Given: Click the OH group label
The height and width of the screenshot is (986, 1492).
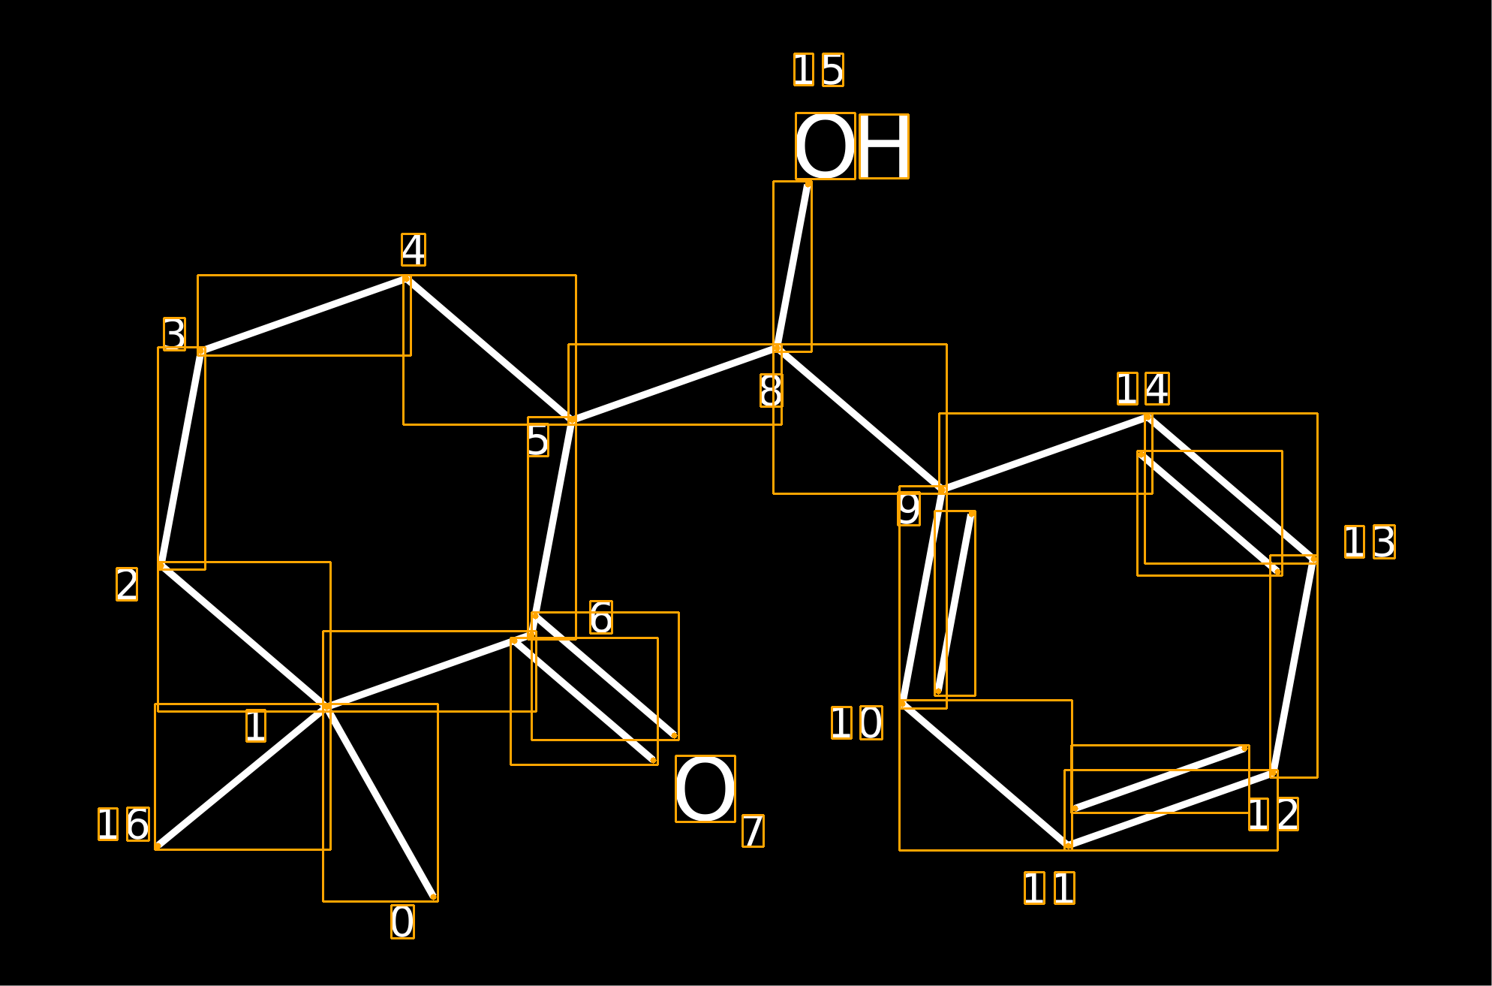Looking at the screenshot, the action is coord(852,146).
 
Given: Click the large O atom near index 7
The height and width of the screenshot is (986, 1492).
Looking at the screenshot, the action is coord(705,788).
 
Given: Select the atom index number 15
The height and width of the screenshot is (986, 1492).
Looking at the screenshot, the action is coord(819,70).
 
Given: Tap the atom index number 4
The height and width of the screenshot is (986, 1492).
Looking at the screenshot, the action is coord(414,249).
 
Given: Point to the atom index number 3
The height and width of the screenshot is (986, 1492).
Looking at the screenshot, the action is coord(174,333).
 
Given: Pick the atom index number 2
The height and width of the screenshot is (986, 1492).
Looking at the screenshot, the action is coord(127,584).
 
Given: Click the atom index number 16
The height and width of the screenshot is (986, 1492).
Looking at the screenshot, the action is coord(124,824).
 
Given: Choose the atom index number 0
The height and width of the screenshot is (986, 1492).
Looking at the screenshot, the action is coord(402,921).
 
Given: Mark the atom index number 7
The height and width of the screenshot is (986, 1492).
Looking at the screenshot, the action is coord(754,831).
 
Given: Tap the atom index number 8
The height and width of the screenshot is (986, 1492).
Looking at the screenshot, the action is coord(772,390).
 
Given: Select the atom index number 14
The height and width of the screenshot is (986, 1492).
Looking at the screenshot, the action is coord(1143,388).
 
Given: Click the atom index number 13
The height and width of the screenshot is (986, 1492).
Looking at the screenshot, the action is coord(1370,541).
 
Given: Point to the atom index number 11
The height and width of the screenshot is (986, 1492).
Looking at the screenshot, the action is coord(1050,888).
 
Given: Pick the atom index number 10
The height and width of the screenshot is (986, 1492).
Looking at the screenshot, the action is coord(857,722).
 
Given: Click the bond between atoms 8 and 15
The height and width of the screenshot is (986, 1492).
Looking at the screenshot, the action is coord(793,266).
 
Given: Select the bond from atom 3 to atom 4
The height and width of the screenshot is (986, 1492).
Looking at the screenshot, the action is coord(304,315).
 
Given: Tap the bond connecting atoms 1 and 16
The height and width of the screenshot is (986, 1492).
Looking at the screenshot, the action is coord(242,776).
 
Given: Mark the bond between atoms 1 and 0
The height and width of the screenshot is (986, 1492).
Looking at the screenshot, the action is coord(381,802).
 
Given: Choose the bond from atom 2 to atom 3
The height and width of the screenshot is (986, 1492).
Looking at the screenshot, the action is coord(181,458).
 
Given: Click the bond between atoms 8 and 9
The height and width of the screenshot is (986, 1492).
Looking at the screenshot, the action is coord(860,419).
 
